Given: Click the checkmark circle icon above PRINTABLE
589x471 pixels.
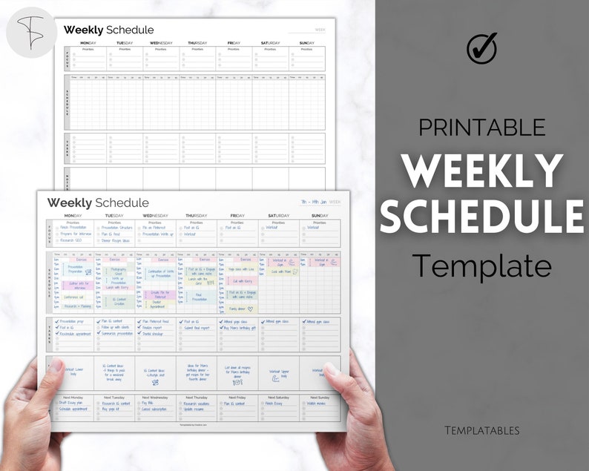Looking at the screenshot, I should (481, 47).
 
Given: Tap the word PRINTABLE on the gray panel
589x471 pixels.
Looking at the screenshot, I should (481, 127).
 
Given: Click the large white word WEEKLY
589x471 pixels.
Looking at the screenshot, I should (481, 171).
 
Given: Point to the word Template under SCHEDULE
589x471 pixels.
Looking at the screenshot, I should (481, 264).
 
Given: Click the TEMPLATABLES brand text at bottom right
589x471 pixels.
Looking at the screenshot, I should (481, 430).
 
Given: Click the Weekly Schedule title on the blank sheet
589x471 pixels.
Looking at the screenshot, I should (108, 30).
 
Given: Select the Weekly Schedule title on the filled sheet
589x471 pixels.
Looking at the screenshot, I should (98, 202).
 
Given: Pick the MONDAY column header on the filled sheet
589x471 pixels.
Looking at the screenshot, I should (73, 216).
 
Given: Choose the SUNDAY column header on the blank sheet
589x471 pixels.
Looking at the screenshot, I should (307, 43).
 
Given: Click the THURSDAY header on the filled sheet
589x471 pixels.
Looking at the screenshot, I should (197, 216).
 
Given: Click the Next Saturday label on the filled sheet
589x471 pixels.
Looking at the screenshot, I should (279, 398).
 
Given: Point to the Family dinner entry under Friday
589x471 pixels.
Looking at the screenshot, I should (237, 309).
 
